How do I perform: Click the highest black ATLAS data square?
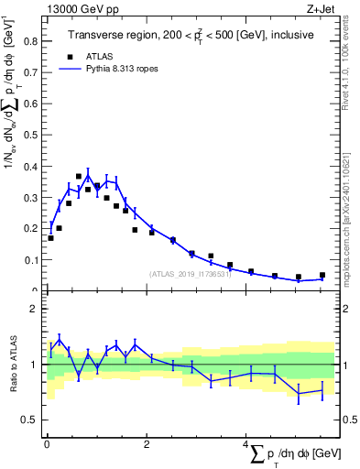[79, 176]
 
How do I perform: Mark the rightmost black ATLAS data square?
[322, 276]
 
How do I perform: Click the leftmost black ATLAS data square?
[50, 238]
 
